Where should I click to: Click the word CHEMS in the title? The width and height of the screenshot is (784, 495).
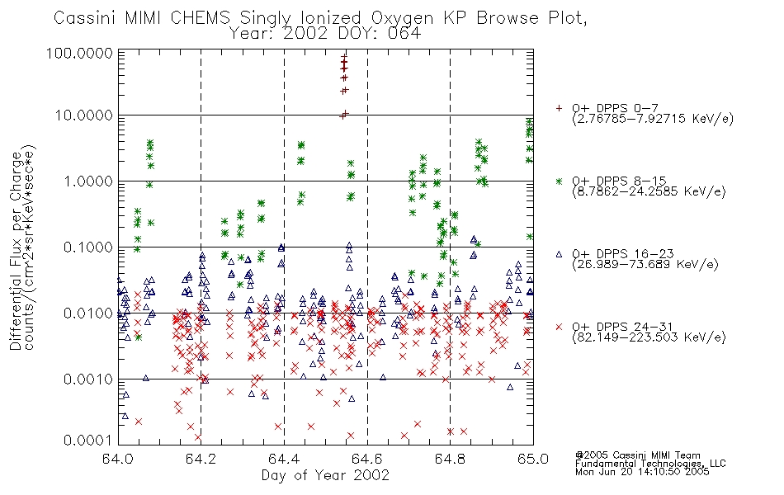tap(200, 18)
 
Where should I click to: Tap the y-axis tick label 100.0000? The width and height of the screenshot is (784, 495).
tap(80, 53)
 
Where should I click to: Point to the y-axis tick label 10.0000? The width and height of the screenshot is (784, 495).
tap(84, 115)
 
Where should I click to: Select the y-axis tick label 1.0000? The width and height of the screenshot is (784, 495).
tap(88, 181)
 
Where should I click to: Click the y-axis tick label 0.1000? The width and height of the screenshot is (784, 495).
tap(88, 247)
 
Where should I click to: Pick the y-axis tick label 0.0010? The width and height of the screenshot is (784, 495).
tap(88, 379)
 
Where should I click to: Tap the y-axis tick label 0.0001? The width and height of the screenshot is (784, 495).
tap(88, 440)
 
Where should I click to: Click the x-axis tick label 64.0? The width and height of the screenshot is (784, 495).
tap(118, 459)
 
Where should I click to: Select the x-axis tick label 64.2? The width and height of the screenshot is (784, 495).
tap(201, 459)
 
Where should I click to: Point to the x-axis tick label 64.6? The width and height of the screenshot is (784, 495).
tap(367, 459)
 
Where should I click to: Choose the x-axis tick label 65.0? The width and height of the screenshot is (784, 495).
tap(533, 459)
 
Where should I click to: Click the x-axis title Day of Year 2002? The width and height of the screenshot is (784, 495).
tap(325, 475)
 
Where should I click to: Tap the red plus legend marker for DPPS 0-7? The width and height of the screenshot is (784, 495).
tap(559, 107)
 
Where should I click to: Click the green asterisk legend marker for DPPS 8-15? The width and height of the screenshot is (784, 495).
tap(559, 181)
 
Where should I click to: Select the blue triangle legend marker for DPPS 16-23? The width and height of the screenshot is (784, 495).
tap(559, 254)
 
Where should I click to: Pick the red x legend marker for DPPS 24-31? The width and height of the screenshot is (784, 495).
tap(559, 327)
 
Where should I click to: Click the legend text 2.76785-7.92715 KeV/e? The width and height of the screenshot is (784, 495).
tap(653, 119)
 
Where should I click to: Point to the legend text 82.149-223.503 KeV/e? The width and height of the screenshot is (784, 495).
tap(649, 337)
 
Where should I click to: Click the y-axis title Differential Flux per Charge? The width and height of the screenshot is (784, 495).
tap(16, 251)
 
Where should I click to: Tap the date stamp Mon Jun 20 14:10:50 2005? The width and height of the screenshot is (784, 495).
tap(642, 472)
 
